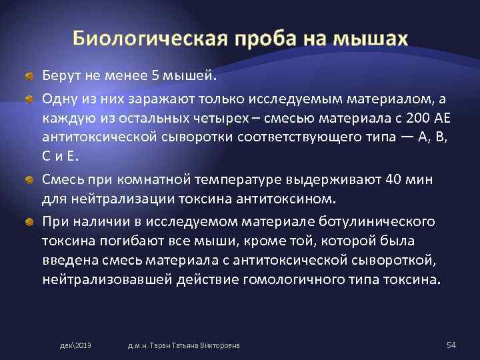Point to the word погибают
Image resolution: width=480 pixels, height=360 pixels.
coord(124,240)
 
